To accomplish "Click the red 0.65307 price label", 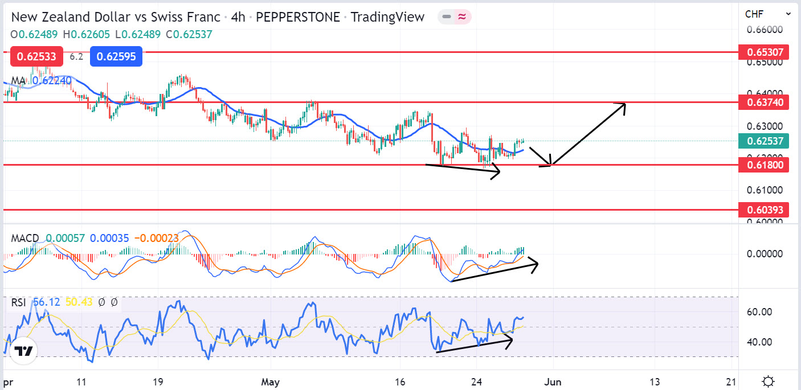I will pyautogui.click(x=763, y=53).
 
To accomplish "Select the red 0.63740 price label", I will pyautogui.click(x=763, y=103).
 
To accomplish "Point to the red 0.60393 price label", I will pyautogui.click(x=763, y=210).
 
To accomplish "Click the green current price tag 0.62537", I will pyautogui.click(x=763, y=141).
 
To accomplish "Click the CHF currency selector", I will pyautogui.click(x=767, y=14).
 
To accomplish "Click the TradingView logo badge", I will pyautogui.click(x=23, y=352).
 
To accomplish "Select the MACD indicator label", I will pyautogui.click(x=25, y=238).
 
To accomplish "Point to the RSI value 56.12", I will pyautogui.click(x=46, y=302).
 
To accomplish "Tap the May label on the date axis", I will pyautogui.click(x=271, y=381).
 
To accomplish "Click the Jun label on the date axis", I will pyautogui.click(x=553, y=381).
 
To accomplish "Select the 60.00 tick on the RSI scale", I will pyautogui.click(x=759, y=311).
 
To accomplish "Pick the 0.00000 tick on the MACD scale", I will pyautogui.click(x=763, y=253).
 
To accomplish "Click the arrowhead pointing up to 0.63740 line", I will pyautogui.click(x=622, y=106).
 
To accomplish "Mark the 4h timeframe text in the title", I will pyautogui.click(x=238, y=17).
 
